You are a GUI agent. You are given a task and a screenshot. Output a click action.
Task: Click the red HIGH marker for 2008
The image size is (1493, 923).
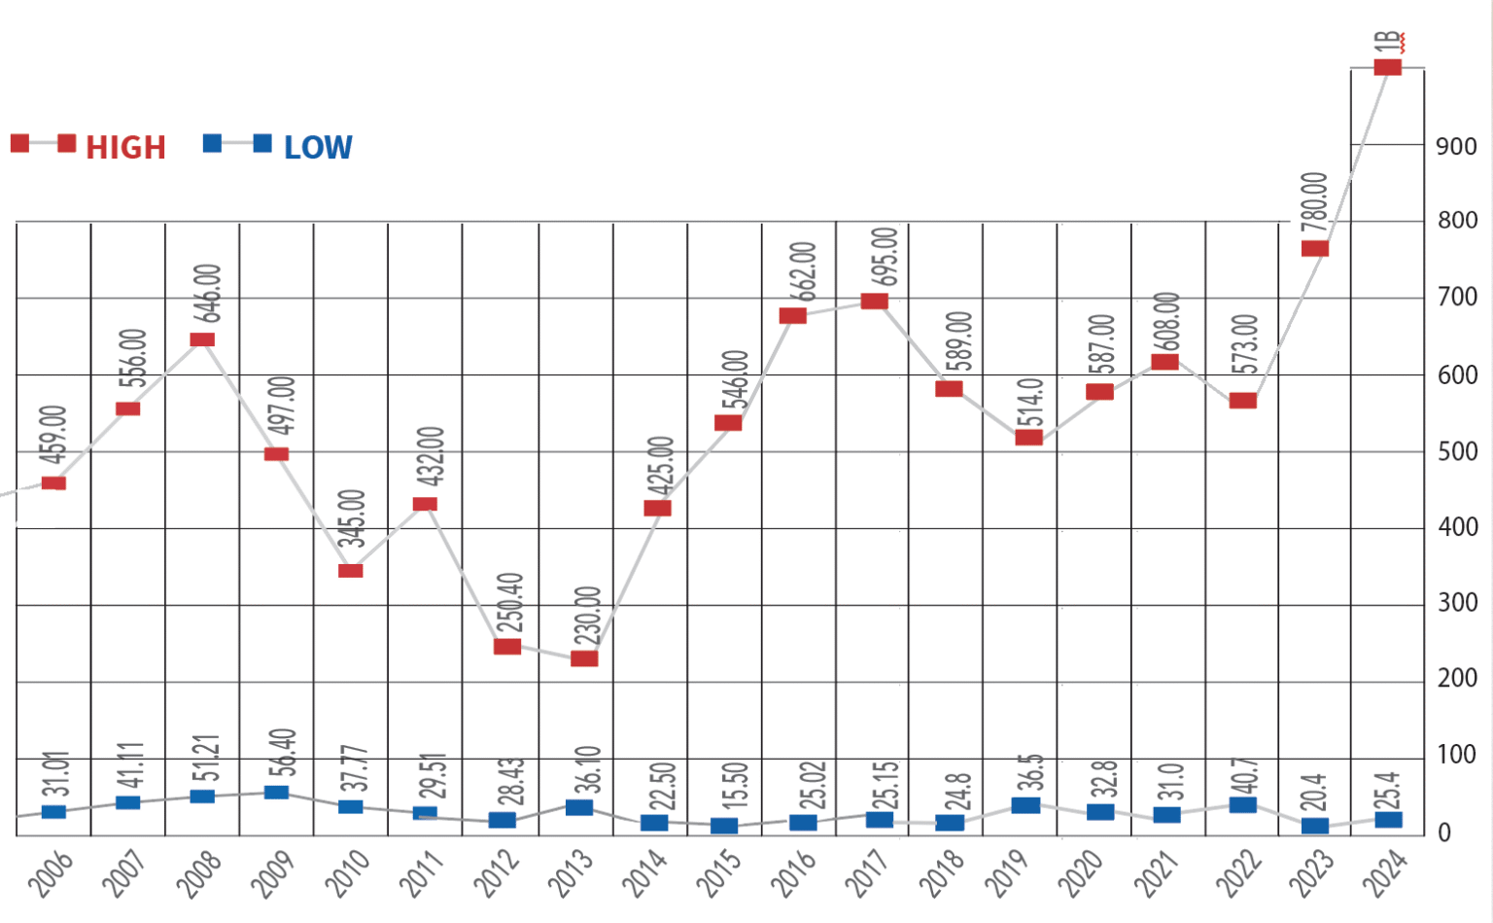pos(202,339)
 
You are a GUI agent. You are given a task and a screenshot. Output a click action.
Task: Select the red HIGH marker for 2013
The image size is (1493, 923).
pos(584,658)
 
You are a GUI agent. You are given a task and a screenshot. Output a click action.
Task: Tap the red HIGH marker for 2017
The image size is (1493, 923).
pos(874,301)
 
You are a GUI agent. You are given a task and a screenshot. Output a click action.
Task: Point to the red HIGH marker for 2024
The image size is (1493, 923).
pos(1387,67)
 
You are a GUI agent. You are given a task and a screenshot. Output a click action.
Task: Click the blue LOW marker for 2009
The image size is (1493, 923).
pos(276,792)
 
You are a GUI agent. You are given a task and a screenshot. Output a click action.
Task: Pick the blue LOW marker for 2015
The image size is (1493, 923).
pos(724,826)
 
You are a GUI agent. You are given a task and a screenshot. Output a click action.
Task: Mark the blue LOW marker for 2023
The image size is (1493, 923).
pos(1315,826)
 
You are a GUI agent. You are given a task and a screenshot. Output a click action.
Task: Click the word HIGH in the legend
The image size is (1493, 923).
pos(126,148)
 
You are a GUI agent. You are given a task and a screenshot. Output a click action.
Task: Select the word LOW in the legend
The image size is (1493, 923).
pos(318,148)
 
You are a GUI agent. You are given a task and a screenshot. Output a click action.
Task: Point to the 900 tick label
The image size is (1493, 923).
pos(1456,147)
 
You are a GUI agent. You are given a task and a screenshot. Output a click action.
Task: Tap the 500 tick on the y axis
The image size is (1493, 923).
pos(1456,452)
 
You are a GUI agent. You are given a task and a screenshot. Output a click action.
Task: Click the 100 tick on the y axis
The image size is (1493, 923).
pos(1456,755)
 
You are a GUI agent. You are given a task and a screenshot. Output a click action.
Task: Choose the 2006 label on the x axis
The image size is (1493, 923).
pos(51,872)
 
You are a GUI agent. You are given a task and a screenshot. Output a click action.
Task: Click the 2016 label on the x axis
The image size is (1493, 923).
pos(793,872)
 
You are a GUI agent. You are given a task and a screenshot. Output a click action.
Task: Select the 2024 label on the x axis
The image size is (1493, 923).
pos(1384,872)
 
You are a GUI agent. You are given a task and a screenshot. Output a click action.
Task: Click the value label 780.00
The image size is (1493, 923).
pos(1314,201)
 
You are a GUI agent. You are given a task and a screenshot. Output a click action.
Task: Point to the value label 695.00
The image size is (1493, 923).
pos(885,257)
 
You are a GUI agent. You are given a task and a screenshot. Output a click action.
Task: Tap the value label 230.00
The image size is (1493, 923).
pos(588,616)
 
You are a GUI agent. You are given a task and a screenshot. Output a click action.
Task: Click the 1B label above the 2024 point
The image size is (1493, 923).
pos(1387,42)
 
